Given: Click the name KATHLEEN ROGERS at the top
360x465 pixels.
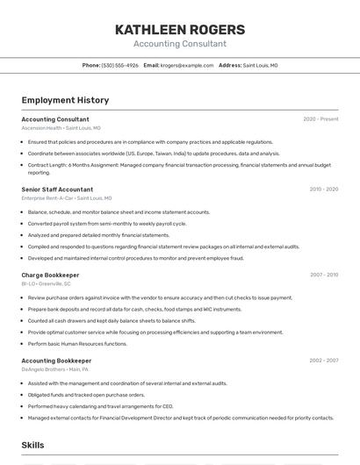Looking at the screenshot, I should click(x=179, y=29).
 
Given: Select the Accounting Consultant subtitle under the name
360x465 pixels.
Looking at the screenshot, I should click(x=179, y=44).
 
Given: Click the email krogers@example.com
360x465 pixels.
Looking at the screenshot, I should click(x=187, y=65).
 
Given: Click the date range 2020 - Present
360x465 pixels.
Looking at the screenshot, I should click(x=320, y=119).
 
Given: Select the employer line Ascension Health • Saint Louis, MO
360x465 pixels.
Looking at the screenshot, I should click(x=61, y=128).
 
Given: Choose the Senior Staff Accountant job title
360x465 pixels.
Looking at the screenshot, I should click(x=57, y=189).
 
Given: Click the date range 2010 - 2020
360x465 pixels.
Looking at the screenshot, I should click(x=323, y=189).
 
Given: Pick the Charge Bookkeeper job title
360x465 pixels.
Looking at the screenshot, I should click(x=50, y=275).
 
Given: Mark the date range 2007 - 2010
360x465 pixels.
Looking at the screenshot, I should click(x=323, y=275).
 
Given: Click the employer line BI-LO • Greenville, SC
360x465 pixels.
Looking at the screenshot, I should click(x=47, y=284).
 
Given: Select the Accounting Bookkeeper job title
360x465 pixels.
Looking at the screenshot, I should click(x=56, y=360).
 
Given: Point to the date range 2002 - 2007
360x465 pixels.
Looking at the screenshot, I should click(x=323, y=360).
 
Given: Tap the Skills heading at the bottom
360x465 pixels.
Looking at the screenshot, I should click(x=32, y=445).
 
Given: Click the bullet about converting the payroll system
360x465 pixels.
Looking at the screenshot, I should click(x=107, y=224).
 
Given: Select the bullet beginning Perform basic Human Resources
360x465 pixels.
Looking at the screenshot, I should click(x=77, y=344).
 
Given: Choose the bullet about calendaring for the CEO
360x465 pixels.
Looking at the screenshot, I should click(x=100, y=406).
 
